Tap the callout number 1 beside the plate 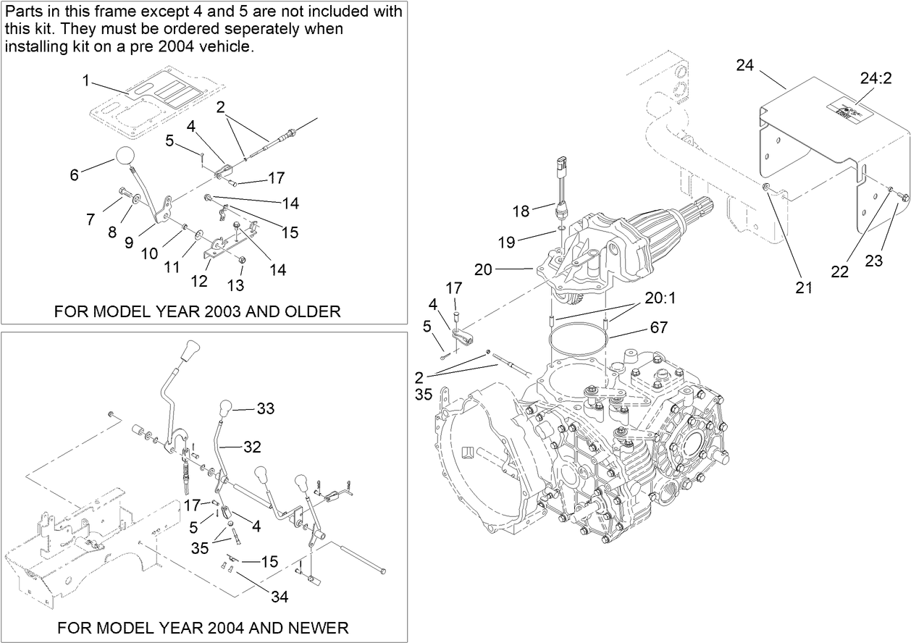tap(85, 81)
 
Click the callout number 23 tap(874, 261)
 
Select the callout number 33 tap(266, 409)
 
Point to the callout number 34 tap(280, 597)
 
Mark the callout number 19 tap(506, 242)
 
